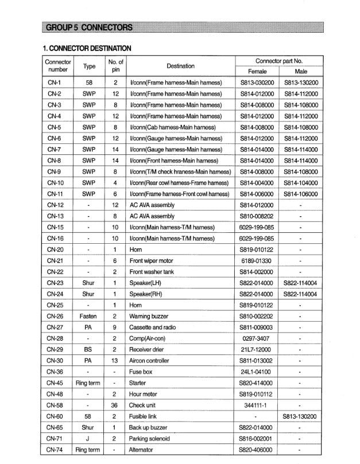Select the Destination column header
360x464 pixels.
tap(180, 66)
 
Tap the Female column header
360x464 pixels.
tap(257, 72)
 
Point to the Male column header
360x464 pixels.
tap(300, 72)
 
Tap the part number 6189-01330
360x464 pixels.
tap(257, 260)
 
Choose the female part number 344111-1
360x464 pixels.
tap(257, 405)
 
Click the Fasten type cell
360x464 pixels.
tap(88, 317)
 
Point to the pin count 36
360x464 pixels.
tap(115, 405)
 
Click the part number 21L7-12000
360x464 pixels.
tap(257, 350)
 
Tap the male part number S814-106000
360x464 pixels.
tap(300, 194)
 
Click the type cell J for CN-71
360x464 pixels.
tap(88, 439)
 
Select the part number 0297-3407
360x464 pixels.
tap(257, 338)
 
